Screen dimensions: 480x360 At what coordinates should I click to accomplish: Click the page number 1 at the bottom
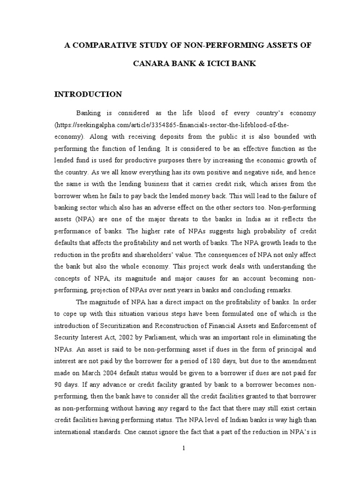[x=184, y=449]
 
